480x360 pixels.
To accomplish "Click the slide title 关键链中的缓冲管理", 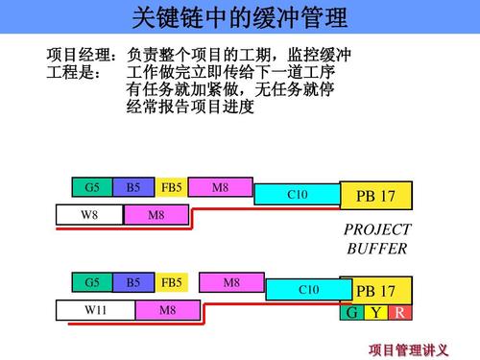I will tap(239, 17).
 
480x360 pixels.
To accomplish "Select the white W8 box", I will tap(88, 215).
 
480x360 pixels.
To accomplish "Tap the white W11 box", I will tap(94, 310).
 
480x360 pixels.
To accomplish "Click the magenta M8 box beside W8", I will tap(156, 215).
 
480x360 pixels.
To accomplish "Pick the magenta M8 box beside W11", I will tap(168, 310).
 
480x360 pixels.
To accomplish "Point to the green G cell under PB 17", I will tap(352, 314).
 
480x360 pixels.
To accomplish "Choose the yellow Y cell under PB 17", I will tap(376, 314).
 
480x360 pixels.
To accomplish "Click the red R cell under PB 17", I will tap(399, 314).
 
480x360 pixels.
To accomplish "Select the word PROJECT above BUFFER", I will tap(376, 229).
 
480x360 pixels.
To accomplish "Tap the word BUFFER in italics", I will tap(376, 249).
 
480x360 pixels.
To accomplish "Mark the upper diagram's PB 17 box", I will tap(375, 196).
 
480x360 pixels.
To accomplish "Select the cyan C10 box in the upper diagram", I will tap(297, 195).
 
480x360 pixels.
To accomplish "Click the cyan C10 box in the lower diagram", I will tap(309, 289).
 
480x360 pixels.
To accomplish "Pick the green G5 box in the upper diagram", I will tap(92, 187).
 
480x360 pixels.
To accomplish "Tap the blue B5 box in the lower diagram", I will tap(132, 282).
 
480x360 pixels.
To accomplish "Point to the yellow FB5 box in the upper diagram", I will tap(171, 187).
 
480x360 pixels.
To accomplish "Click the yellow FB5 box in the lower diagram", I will tap(171, 282).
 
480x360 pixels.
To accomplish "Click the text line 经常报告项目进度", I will tap(190, 107).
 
